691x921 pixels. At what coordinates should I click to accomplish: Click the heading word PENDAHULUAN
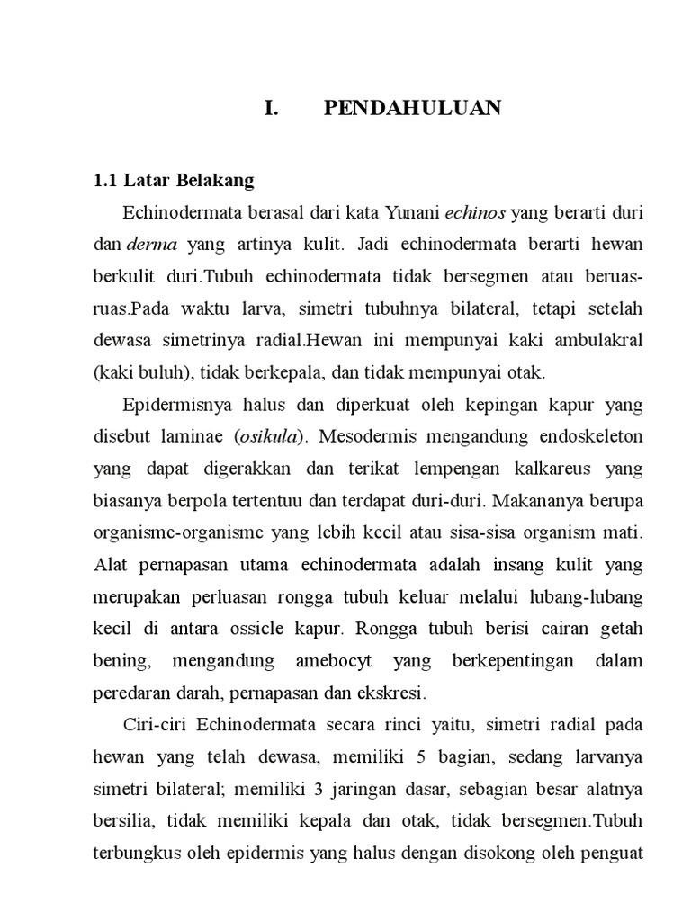[412, 109]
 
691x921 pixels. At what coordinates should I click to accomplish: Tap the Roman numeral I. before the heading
[272, 109]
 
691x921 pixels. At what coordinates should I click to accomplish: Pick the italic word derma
[152, 245]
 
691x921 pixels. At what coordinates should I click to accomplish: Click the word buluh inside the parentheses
[157, 372]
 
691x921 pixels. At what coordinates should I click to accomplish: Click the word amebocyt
[331, 661]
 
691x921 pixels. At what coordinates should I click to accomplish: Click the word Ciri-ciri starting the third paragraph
[154, 725]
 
